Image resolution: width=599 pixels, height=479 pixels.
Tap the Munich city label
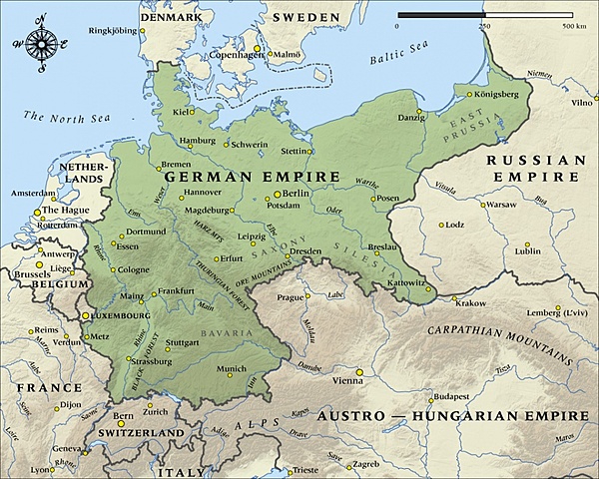[x=231, y=368]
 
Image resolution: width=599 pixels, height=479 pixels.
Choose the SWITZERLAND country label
[x=141, y=432]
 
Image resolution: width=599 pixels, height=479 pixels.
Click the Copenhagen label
[x=234, y=56]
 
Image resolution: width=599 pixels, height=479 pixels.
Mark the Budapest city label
[x=466, y=395]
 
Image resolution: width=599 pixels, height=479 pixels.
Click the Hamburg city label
[x=197, y=141]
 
